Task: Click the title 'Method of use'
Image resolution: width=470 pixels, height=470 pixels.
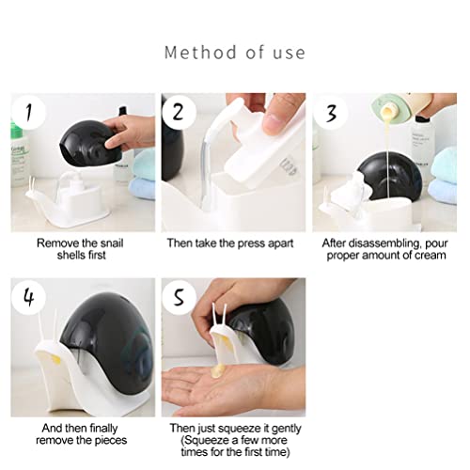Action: (234, 51)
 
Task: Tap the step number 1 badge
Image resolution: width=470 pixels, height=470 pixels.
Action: (29, 114)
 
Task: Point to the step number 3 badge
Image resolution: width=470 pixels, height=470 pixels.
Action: (331, 114)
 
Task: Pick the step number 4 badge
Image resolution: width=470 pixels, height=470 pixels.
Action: (29, 298)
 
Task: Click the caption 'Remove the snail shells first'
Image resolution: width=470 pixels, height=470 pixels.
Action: (81, 248)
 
